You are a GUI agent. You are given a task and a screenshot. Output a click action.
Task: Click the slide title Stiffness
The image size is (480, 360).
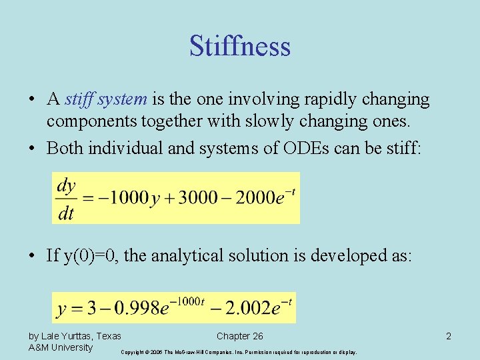(x=240, y=47)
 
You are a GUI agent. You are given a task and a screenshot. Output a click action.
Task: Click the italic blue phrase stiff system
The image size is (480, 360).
(x=106, y=100)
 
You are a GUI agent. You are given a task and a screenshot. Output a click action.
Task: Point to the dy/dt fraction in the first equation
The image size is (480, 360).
(x=67, y=199)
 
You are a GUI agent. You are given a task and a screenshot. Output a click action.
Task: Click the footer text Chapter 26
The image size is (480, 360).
(x=240, y=336)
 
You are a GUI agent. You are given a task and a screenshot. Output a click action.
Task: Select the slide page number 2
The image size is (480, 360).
(x=449, y=337)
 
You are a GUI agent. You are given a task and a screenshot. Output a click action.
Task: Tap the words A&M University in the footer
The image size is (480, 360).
(x=61, y=347)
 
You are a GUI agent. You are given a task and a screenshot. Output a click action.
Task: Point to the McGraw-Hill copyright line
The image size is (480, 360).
(x=239, y=351)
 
